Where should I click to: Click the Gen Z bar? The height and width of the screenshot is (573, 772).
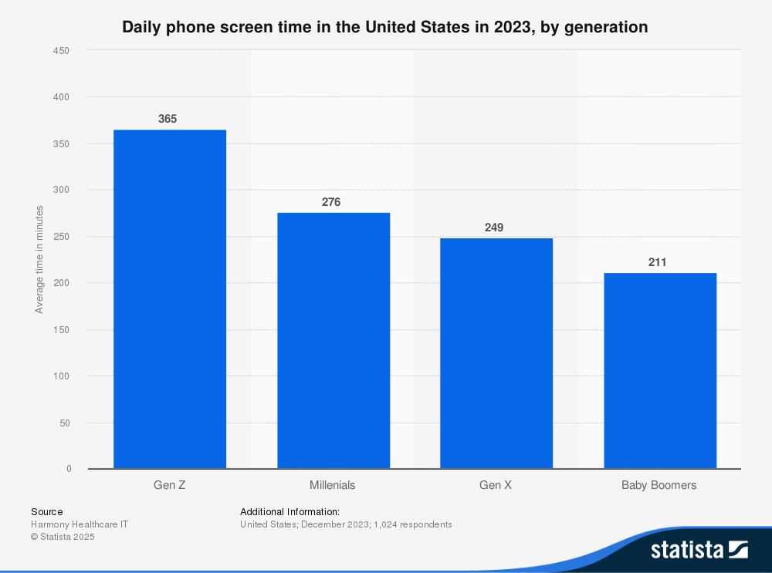click(x=170, y=299)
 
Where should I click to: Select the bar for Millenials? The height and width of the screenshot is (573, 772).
click(x=334, y=341)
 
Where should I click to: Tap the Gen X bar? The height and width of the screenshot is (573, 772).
click(x=496, y=353)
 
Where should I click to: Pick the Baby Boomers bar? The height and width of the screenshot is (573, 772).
click(x=660, y=371)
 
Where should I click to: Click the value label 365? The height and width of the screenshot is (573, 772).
click(x=168, y=119)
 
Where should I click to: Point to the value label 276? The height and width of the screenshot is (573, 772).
click(x=331, y=202)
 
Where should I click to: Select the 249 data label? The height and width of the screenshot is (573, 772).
click(x=494, y=228)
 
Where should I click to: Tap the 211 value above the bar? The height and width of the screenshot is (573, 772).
click(x=658, y=262)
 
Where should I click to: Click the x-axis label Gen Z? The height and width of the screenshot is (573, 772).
click(x=170, y=485)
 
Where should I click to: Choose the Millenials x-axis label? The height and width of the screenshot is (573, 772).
click(x=333, y=485)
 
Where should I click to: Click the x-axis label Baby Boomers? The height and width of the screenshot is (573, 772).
click(x=659, y=485)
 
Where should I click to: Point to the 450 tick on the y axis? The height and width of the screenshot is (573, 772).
click(x=62, y=51)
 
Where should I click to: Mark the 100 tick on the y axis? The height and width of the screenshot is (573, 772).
click(x=62, y=376)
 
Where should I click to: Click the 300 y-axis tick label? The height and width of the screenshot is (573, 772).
click(x=62, y=190)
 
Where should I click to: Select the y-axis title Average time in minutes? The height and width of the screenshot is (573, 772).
click(x=39, y=260)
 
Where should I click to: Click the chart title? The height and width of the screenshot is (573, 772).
click(x=385, y=27)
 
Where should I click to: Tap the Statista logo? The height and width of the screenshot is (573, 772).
click(x=699, y=549)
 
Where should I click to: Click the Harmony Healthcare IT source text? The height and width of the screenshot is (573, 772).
click(x=80, y=524)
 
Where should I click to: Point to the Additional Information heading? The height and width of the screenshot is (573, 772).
click(x=289, y=511)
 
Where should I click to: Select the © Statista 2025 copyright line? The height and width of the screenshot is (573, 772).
click(x=63, y=537)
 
